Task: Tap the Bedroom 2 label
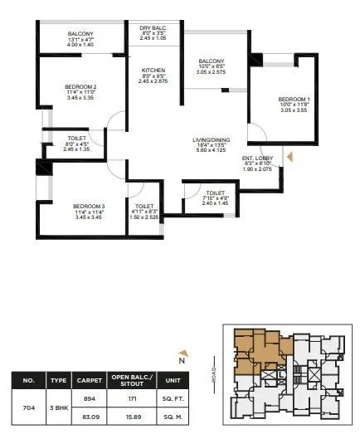coord(80,86)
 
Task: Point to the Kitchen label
coord(153,71)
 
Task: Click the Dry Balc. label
coord(153,28)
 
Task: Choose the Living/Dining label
coord(208,139)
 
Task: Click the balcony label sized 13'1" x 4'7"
coord(80,34)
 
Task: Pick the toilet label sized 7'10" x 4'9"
coord(213,193)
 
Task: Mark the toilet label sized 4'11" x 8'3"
coord(144,205)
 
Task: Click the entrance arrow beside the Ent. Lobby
coord(289,154)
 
